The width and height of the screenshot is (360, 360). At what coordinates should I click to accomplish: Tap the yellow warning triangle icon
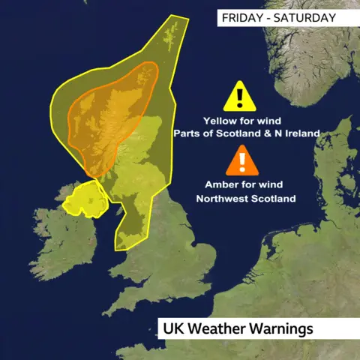click(238, 97)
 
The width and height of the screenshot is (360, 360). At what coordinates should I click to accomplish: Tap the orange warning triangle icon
click(241, 160)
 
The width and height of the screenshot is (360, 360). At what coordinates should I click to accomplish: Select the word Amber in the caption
click(221, 184)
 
